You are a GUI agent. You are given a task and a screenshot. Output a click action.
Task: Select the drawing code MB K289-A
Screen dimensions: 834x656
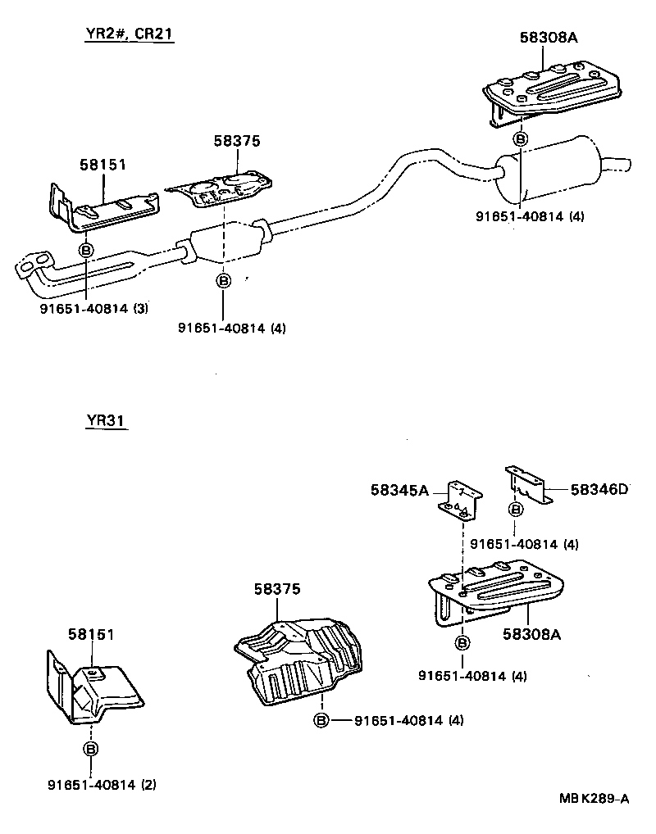[x=594, y=799]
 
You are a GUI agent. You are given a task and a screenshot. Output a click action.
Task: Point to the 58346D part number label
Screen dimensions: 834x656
[x=599, y=490]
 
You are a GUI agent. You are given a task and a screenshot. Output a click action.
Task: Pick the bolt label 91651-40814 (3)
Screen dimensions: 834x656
[x=93, y=308]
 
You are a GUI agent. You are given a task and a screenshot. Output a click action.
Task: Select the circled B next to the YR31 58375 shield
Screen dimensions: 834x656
[x=321, y=720]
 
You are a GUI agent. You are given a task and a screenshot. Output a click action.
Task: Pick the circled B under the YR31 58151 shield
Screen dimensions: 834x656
[x=91, y=749]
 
